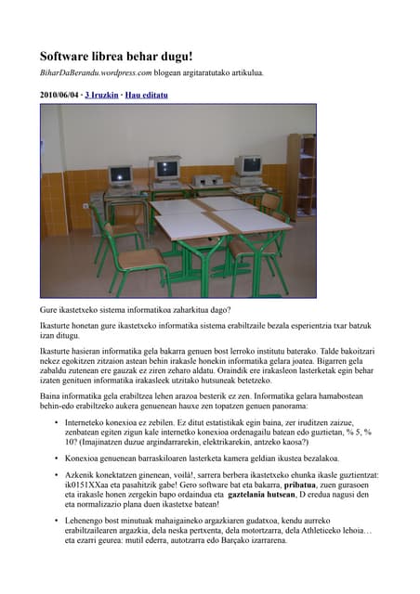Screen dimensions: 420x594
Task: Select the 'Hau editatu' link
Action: [147, 95]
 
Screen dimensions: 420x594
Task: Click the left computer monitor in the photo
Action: [120, 175]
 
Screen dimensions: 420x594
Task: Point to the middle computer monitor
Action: [167, 170]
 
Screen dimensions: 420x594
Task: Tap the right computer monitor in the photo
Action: [248, 167]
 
